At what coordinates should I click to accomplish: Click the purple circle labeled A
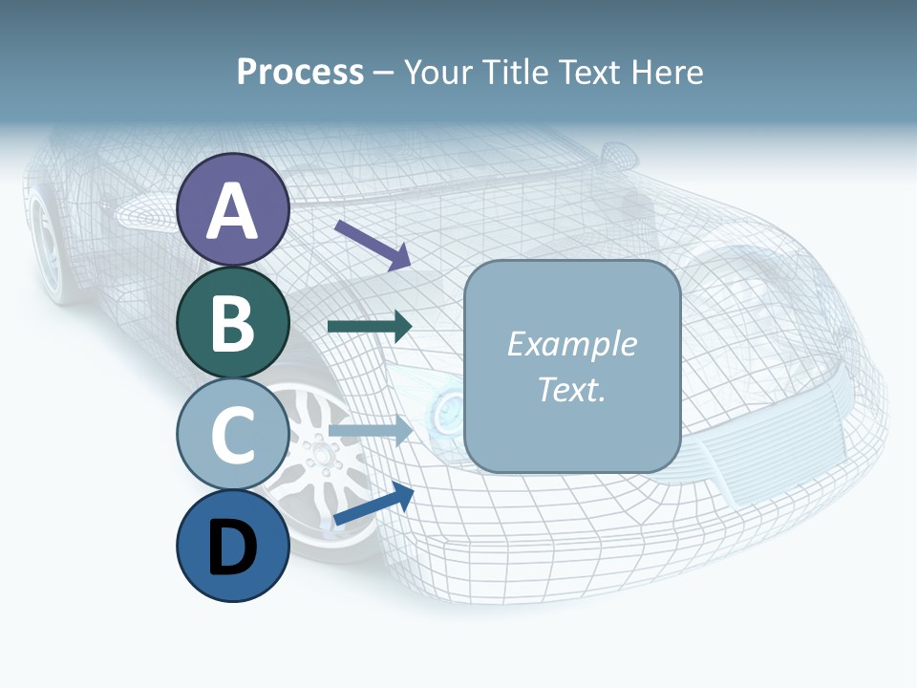click(x=232, y=209)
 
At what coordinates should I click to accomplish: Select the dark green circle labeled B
click(x=232, y=322)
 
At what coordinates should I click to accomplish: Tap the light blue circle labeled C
click(x=232, y=434)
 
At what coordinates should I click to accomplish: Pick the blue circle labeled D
click(x=232, y=547)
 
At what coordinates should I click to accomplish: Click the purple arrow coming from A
click(x=373, y=244)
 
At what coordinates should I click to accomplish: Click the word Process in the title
click(x=300, y=72)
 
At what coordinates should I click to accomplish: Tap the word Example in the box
click(x=571, y=344)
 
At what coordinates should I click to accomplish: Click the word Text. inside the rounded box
click(x=571, y=390)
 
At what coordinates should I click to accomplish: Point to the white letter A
click(x=232, y=211)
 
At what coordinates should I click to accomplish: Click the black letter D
click(x=232, y=548)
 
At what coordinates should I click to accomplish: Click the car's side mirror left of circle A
click(x=143, y=213)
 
